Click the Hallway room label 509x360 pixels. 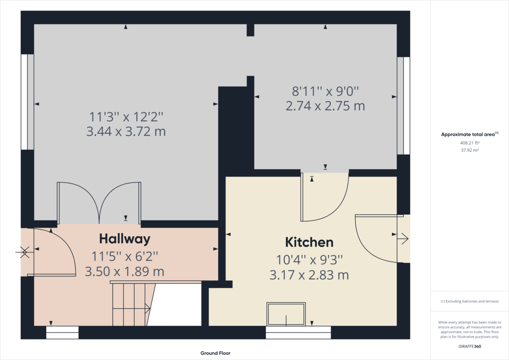click(x=125, y=239)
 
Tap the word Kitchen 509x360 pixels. click(x=309, y=242)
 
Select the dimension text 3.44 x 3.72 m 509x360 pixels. click(x=126, y=131)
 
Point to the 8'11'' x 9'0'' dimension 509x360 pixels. click(x=325, y=91)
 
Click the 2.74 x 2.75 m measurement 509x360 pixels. click(x=325, y=106)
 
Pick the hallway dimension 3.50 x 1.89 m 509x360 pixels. click(x=125, y=271)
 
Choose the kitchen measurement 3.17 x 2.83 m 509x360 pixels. click(x=309, y=275)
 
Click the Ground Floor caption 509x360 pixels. click(x=215, y=353)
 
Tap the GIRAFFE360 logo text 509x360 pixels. click(x=470, y=347)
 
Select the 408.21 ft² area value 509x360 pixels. click(x=470, y=143)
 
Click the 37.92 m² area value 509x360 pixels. click(x=470, y=150)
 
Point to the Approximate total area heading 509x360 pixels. click(x=469, y=134)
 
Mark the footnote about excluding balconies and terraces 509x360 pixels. click(x=470, y=301)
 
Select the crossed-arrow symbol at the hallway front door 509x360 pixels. click(x=24, y=252)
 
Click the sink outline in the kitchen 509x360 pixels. click(x=286, y=314)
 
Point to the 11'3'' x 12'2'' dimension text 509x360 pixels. click(x=126, y=116)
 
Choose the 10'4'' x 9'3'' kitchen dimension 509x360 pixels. click(x=309, y=260)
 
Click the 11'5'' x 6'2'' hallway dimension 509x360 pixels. click(x=125, y=257)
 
